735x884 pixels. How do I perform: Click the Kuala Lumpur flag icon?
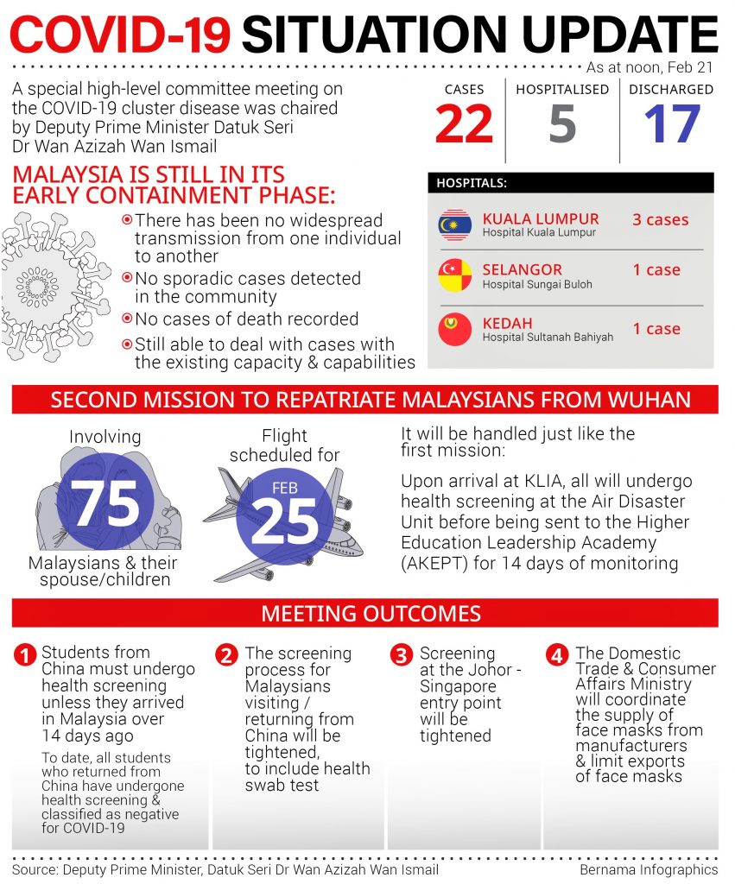(x=455, y=224)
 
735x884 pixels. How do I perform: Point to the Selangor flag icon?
(x=455, y=275)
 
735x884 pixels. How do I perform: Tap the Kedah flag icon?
(x=455, y=329)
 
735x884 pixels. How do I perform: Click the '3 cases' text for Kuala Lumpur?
(x=660, y=219)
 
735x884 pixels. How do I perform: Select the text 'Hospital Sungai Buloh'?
(x=537, y=284)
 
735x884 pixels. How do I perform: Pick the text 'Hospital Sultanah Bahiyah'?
(x=548, y=337)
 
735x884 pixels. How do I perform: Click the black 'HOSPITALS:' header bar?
(x=571, y=183)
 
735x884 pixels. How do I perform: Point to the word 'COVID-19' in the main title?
(x=121, y=35)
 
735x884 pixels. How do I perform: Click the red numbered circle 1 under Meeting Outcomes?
(x=25, y=655)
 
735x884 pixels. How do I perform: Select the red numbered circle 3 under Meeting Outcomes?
(x=401, y=655)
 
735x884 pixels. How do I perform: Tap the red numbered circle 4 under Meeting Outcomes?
(x=556, y=655)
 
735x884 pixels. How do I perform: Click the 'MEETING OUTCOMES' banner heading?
(x=371, y=614)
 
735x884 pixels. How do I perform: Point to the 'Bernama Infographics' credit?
(x=649, y=868)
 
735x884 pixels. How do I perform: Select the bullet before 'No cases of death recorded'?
(x=127, y=319)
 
